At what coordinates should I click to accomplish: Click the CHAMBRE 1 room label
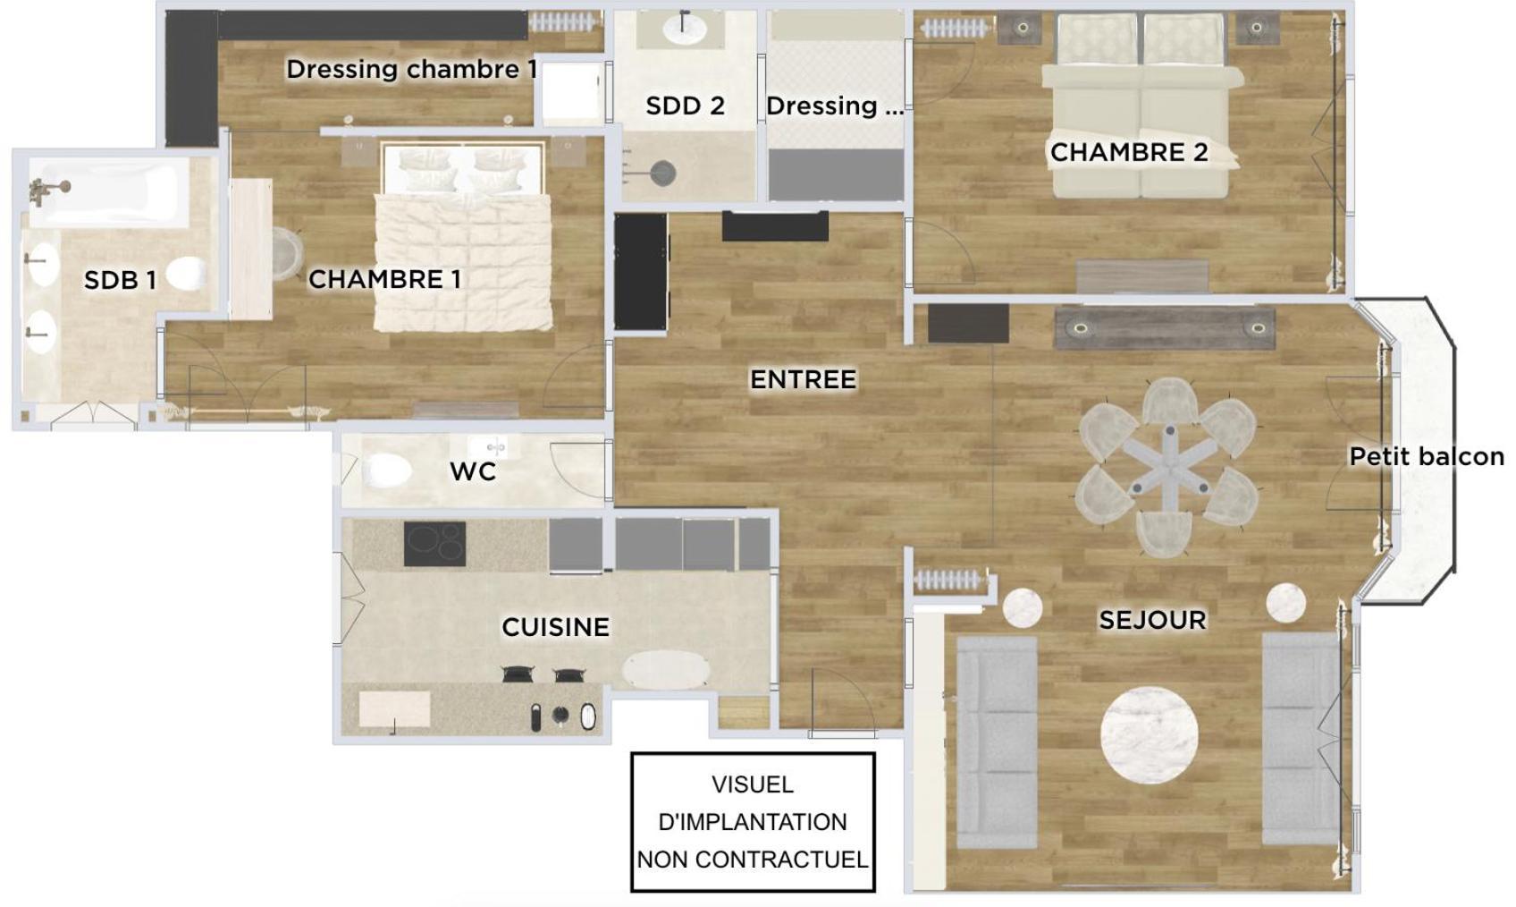[x=384, y=279]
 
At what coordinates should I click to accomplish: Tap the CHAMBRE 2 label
[x=1129, y=152]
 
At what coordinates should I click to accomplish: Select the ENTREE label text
[x=804, y=379]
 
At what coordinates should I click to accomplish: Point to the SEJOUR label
[x=1152, y=620]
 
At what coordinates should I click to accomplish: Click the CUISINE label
[x=556, y=627]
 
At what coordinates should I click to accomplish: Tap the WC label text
[x=473, y=471]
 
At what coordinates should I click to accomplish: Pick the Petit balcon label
[x=1427, y=456]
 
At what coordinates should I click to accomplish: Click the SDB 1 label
[x=120, y=280]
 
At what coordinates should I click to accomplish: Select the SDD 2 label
[x=685, y=106]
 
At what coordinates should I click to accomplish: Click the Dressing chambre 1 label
[x=411, y=69]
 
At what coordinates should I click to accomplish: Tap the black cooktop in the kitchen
[x=434, y=543]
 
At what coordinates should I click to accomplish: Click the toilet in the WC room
[x=386, y=470]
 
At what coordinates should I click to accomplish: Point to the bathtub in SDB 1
[x=108, y=192]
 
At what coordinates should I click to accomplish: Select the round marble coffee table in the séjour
[x=1150, y=735]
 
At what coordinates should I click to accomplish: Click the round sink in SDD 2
[x=684, y=30]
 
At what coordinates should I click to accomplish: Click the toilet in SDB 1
[x=186, y=274]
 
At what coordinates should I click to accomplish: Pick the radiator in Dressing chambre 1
[x=564, y=22]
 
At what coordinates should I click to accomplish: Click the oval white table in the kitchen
[x=666, y=671]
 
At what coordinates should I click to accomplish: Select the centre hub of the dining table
[x=1169, y=456]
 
